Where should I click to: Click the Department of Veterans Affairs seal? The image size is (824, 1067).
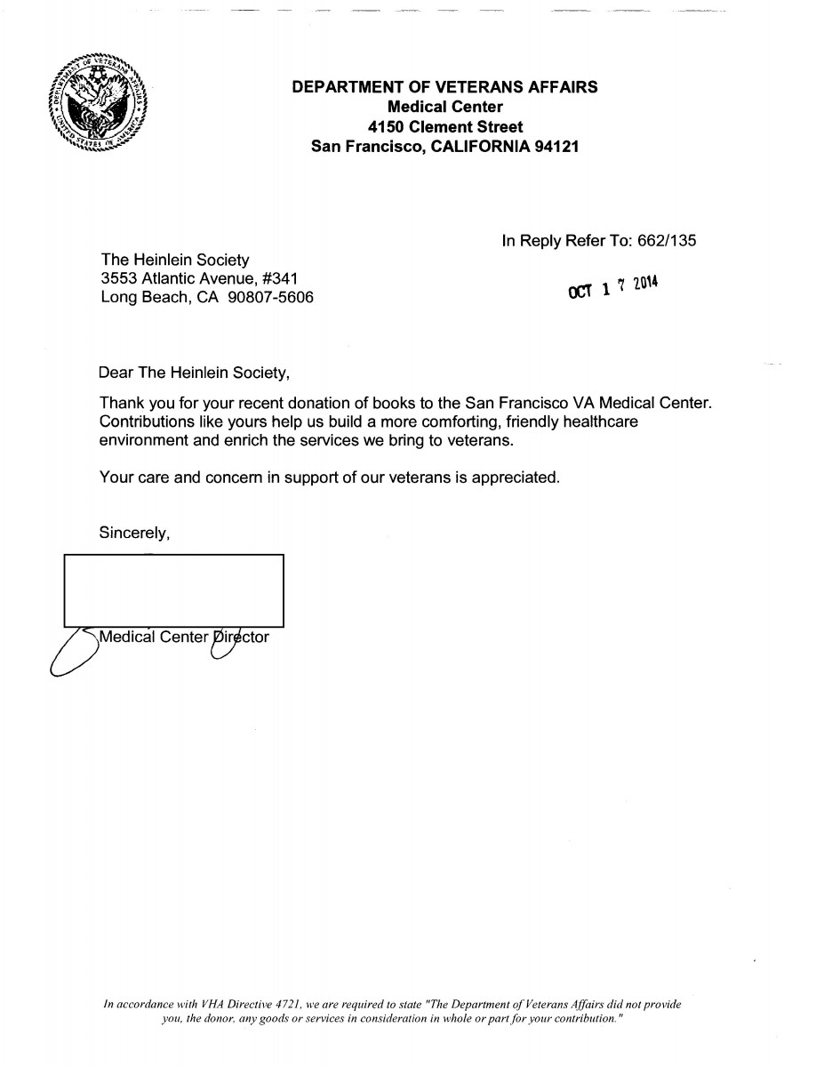tap(97, 104)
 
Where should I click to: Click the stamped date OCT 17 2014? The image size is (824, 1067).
tap(612, 288)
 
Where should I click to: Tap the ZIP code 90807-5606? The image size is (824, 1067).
tap(270, 298)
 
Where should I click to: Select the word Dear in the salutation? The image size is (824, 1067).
tap(116, 373)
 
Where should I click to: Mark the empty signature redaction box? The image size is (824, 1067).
tap(173, 590)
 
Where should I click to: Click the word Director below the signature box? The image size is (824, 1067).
tap(239, 637)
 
